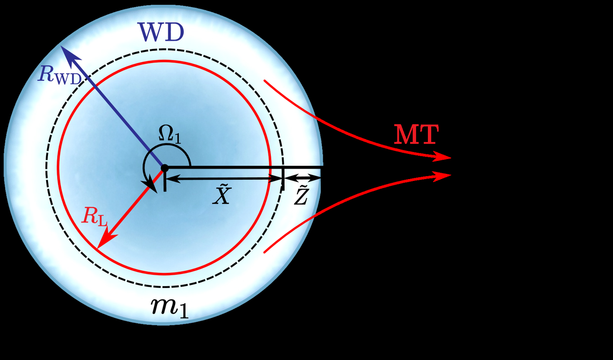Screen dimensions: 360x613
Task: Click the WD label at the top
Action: click(x=161, y=33)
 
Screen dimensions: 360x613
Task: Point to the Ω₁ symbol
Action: click(x=170, y=136)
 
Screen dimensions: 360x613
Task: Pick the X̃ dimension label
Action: click(x=221, y=195)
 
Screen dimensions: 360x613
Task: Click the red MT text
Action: click(x=415, y=136)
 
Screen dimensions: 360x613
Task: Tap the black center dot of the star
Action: click(x=165, y=168)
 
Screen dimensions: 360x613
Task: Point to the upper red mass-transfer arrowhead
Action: click(x=445, y=158)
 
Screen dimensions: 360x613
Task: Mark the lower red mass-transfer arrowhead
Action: click(x=445, y=175)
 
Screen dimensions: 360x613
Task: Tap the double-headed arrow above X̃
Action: click(x=224, y=179)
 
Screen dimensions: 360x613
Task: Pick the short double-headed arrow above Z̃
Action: click(x=302, y=179)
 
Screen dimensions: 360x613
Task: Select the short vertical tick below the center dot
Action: click(x=165, y=182)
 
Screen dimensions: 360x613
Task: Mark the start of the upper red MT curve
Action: click(x=265, y=81)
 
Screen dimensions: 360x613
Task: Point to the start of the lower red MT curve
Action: click(x=265, y=251)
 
